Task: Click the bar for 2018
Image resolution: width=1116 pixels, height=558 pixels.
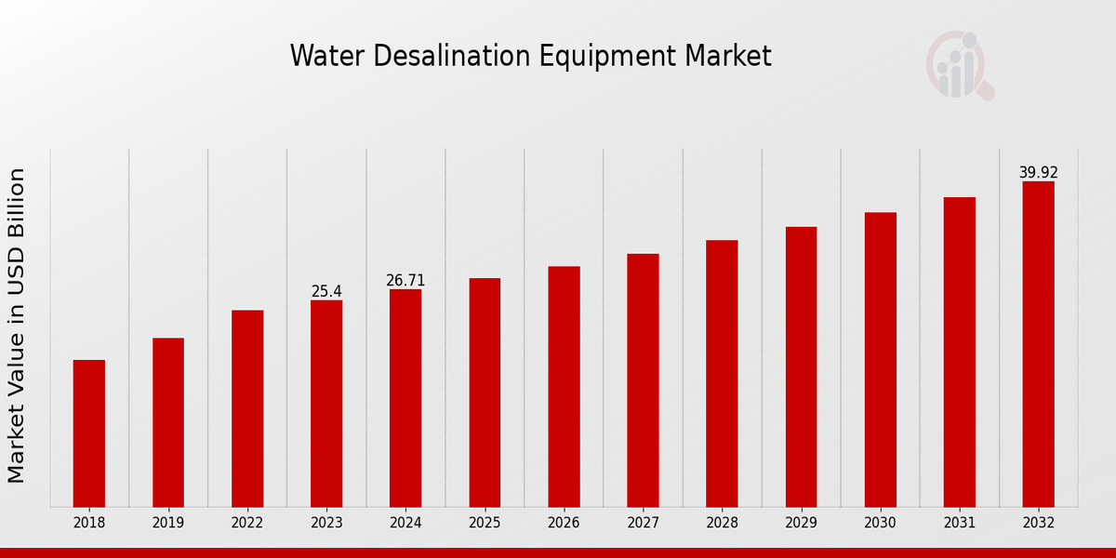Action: point(89,432)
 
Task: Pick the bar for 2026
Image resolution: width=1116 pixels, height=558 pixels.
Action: point(564,386)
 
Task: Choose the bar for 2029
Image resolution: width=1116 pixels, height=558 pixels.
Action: point(801,366)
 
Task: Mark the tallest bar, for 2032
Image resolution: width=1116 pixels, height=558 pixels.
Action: point(1038,344)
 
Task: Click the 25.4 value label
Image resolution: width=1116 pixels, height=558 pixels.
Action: point(326,291)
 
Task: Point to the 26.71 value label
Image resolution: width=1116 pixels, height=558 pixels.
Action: point(405,280)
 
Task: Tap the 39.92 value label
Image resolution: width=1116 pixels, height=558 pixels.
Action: point(1038,172)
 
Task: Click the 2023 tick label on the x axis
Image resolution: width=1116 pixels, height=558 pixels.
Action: point(326,524)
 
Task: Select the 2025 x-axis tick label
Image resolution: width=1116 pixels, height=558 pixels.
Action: point(485,524)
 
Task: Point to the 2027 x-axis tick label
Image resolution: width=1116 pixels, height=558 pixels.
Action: point(643,524)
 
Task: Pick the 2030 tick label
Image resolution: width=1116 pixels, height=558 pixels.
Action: point(880,524)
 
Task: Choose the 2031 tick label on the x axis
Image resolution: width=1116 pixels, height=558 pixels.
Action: point(959,524)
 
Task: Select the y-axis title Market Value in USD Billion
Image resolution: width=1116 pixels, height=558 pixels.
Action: point(17,325)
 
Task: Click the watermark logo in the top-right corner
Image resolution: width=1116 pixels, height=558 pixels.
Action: point(960,65)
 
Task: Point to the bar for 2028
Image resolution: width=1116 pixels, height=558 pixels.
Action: point(722,373)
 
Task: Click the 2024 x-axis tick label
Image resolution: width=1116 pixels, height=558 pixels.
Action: point(405,524)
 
